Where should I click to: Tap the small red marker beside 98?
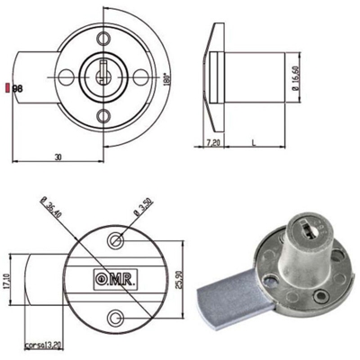(x=8, y=88)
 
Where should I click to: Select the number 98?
(x=18, y=88)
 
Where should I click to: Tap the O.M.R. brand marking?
(x=116, y=278)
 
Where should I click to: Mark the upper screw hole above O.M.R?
(x=117, y=238)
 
